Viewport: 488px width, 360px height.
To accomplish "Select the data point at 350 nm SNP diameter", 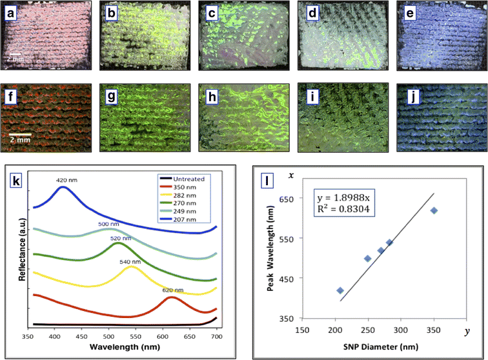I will [x=434, y=210].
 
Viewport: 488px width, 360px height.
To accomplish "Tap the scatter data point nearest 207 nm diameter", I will [x=340, y=290].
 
